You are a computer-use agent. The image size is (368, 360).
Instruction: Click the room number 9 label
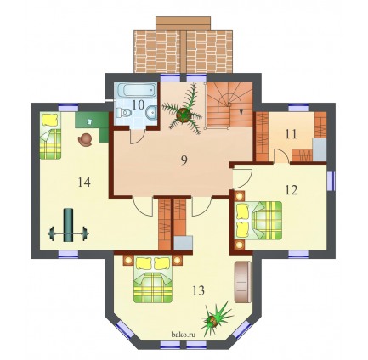tap(184, 160)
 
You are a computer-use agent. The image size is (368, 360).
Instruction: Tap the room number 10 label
tap(139, 104)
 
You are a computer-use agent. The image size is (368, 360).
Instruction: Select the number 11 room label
tap(291, 134)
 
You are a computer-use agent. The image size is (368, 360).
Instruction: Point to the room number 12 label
tap(292, 190)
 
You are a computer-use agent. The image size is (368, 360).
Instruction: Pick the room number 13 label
tap(198, 290)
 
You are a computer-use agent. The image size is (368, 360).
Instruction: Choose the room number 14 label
tap(84, 182)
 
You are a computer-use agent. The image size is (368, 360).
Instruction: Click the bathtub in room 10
tap(137, 90)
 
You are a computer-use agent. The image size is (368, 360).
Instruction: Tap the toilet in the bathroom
tap(124, 113)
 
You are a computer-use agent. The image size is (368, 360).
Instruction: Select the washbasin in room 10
tap(151, 112)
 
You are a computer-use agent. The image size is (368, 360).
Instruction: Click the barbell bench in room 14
tap(68, 225)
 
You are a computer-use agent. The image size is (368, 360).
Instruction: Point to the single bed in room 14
tap(50, 136)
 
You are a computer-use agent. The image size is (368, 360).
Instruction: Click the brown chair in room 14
tap(85, 140)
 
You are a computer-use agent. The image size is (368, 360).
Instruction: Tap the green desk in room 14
tap(92, 124)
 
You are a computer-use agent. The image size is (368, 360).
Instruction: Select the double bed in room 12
tap(259, 221)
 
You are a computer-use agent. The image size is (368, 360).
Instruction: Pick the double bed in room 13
tap(153, 279)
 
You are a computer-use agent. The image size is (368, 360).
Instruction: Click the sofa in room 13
tap(243, 282)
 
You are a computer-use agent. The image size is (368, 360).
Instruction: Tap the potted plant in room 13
tap(216, 318)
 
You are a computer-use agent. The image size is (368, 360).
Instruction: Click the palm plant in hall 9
tap(184, 114)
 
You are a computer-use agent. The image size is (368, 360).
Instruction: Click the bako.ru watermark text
tap(184, 335)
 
